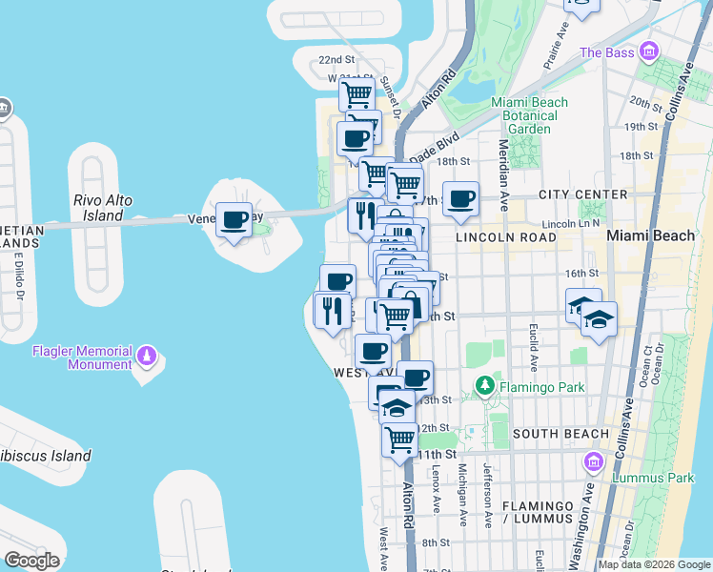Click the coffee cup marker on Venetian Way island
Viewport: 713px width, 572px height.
[234, 220]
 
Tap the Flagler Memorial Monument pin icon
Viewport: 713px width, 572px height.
[146, 357]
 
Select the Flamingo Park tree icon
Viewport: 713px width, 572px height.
[485, 387]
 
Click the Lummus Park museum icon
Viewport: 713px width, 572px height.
[594, 461]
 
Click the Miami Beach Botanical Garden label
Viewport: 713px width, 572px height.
[529, 115]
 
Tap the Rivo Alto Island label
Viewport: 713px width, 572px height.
[102, 208]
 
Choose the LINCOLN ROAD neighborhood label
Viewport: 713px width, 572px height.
[504, 236]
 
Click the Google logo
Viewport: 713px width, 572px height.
[31, 561]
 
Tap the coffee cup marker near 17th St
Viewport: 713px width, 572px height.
[461, 198]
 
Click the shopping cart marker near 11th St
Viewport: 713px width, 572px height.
[400, 439]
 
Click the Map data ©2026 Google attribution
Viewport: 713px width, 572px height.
[654, 564]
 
